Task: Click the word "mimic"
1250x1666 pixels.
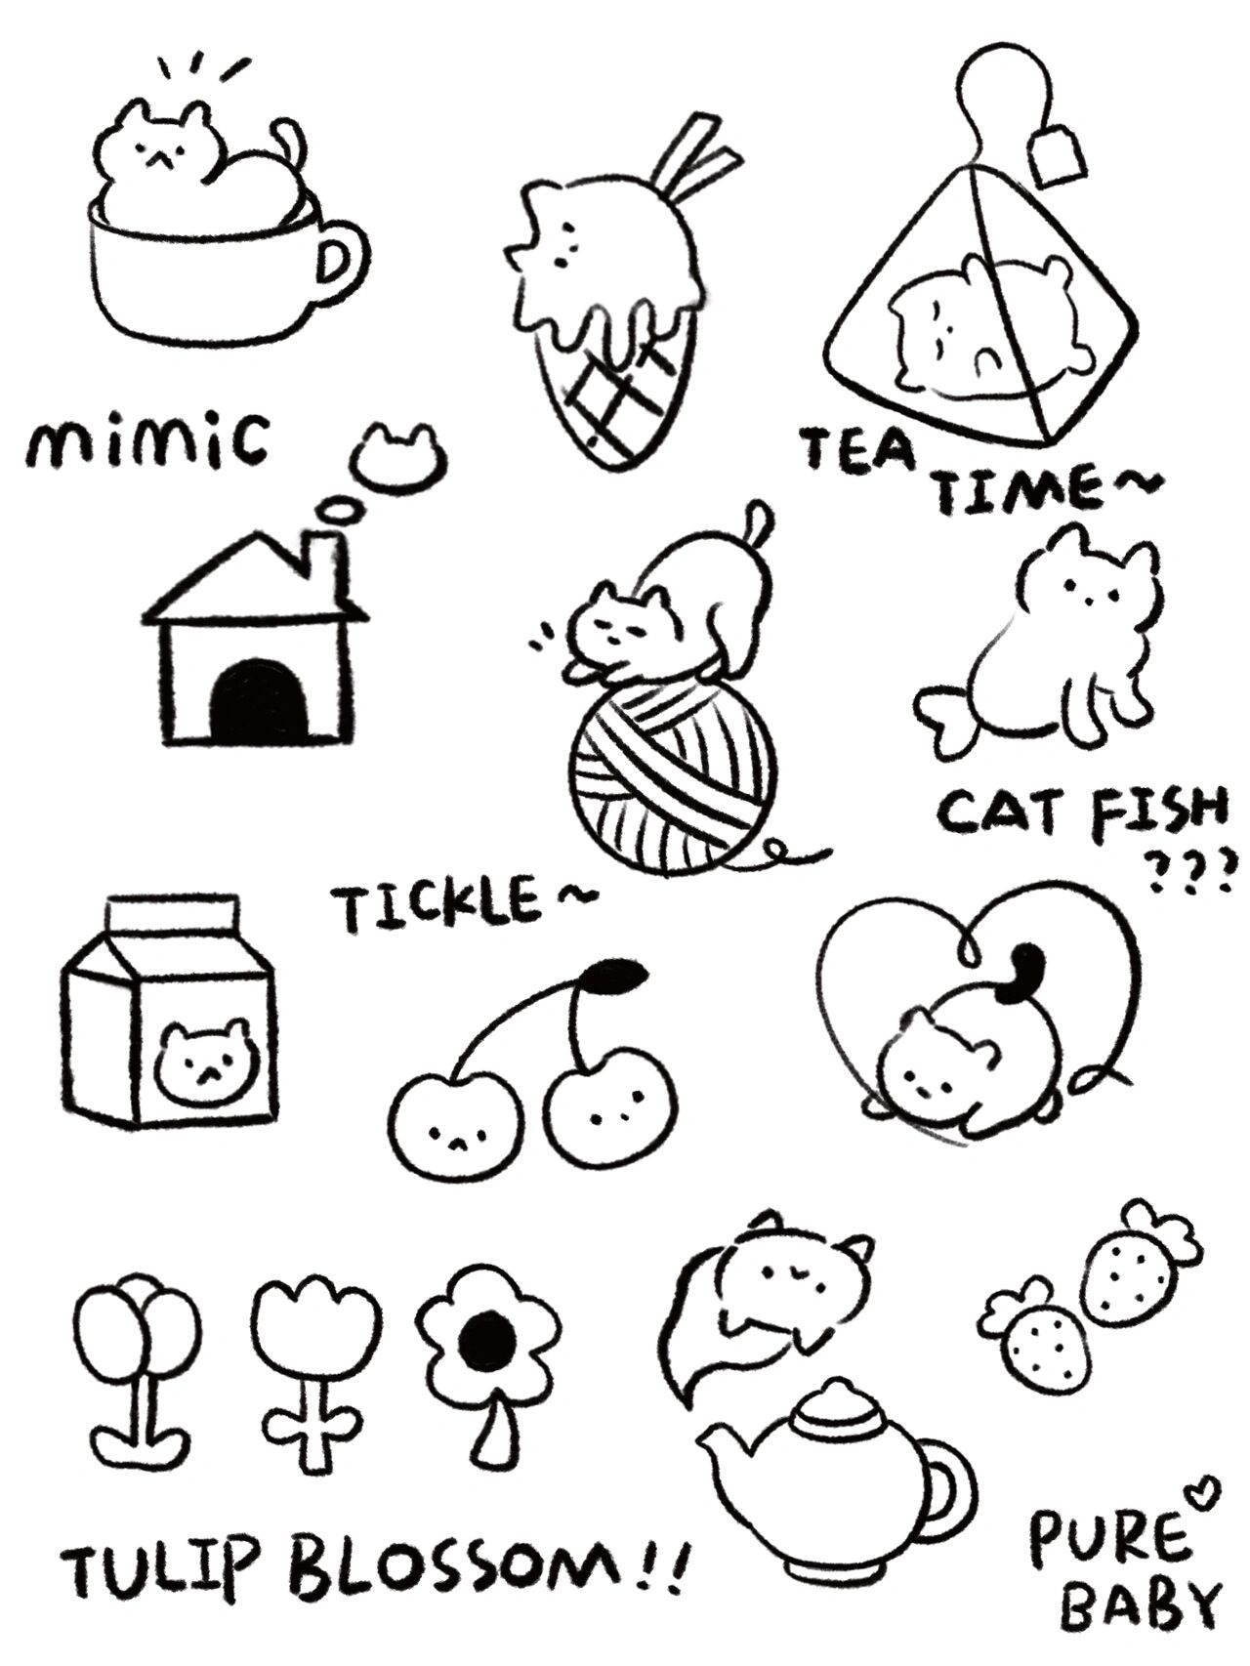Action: (x=146, y=441)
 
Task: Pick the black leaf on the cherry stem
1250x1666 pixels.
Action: (x=617, y=975)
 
